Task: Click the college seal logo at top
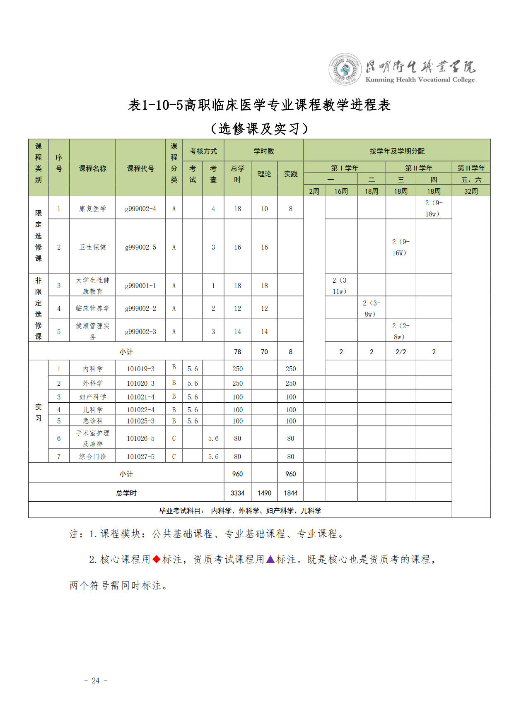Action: click(x=345, y=69)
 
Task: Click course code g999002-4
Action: click(x=140, y=209)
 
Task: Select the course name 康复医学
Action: click(x=92, y=209)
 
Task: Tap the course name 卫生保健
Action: click(x=92, y=247)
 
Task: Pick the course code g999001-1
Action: click(x=140, y=286)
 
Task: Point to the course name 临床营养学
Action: click(x=92, y=308)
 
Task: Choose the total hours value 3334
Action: click(x=237, y=493)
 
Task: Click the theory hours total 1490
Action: click(x=264, y=493)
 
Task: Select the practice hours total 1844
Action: click(x=290, y=493)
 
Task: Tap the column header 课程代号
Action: click(x=140, y=168)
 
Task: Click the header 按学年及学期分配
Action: click(x=397, y=151)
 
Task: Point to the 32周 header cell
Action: click(x=471, y=191)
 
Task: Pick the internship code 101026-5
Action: click(x=140, y=438)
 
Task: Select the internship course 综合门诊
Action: click(x=92, y=457)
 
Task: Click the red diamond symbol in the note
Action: click(x=157, y=559)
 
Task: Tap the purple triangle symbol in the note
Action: click(x=270, y=559)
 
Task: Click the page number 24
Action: click(x=96, y=680)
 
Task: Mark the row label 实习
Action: click(x=38, y=412)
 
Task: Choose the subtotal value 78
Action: click(x=237, y=352)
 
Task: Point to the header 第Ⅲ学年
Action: click(x=471, y=168)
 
